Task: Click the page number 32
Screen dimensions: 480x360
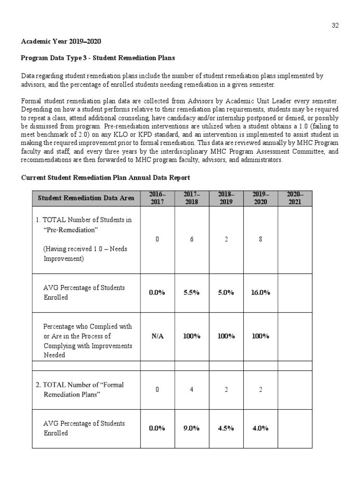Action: [x=335, y=26]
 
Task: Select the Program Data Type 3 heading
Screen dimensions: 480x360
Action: [x=98, y=58]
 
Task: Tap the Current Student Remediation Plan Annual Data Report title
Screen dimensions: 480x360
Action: [x=105, y=178]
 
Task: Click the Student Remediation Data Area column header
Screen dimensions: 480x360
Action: [x=86, y=198]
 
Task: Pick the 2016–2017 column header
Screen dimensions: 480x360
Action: [x=157, y=198]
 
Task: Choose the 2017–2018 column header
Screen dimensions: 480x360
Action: [x=191, y=198]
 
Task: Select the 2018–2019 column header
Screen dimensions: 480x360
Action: [x=226, y=198]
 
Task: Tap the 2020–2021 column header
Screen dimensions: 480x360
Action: [x=295, y=198]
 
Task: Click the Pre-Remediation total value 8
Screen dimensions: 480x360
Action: [x=261, y=239]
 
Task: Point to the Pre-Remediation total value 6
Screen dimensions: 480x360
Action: [x=191, y=239]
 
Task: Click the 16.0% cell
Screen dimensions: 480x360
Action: [x=261, y=292]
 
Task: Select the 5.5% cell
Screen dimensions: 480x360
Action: [x=191, y=292]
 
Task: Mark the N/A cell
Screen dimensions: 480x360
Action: [x=157, y=337]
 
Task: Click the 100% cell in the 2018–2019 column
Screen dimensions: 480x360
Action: [x=226, y=337]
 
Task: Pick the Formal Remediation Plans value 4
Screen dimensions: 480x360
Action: [x=191, y=390]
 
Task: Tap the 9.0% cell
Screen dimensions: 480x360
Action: [x=191, y=428]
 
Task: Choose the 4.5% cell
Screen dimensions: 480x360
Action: [x=226, y=428]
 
